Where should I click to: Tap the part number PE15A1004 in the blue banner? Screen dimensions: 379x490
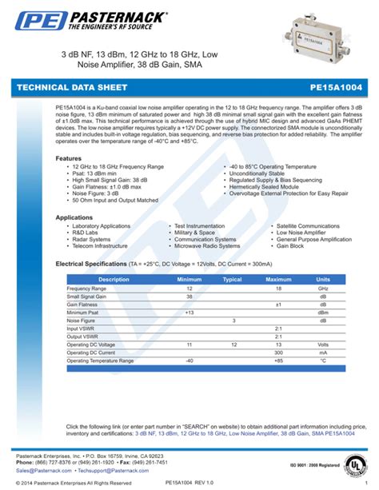(x=336, y=86)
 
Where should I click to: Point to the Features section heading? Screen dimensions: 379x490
(x=68, y=158)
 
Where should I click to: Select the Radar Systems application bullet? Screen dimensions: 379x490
(x=90, y=239)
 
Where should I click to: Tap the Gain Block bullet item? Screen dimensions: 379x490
(x=294, y=245)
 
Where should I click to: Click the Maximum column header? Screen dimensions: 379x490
(x=278, y=279)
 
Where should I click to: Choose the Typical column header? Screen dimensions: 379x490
(x=232, y=279)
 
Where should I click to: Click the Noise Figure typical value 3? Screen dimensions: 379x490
(x=233, y=321)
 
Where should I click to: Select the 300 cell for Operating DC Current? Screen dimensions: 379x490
(x=279, y=352)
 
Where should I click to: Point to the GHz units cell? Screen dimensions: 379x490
(x=323, y=288)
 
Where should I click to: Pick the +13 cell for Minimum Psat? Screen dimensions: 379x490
(x=189, y=313)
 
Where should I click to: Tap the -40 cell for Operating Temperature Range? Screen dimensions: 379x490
(x=189, y=361)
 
